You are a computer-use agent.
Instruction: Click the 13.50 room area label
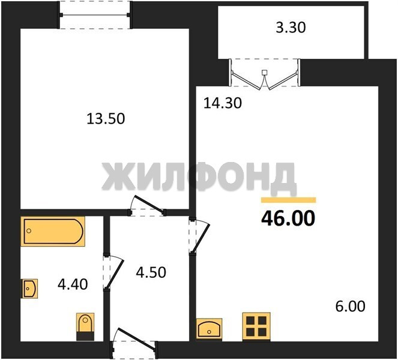click(106, 119)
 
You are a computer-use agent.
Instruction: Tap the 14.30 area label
click(223, 103)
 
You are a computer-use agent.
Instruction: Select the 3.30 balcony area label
click(291, 28)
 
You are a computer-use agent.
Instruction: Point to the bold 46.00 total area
click(288, 218)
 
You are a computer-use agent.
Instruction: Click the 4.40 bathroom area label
click(73, 284)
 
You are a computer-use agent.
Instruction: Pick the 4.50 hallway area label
click(151, 272)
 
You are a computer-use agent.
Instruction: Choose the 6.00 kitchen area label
click(351, 306)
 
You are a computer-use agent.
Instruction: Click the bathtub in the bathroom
click(53, 231)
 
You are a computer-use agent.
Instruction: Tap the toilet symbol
click(85, 326)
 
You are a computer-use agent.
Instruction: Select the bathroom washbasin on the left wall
click(29, 289)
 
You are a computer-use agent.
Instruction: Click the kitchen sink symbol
click(210, 329)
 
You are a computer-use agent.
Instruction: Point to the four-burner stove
click(256, 326)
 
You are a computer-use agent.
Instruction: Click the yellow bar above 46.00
click(289, 200)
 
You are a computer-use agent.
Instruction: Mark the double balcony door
click(265, 74)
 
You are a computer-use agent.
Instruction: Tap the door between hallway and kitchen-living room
click(199, 235)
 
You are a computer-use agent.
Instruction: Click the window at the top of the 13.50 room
click(95, 15)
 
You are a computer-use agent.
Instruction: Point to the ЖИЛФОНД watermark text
click(199, 177)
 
